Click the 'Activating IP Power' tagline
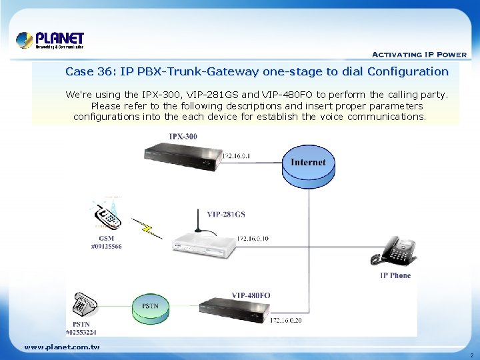pos(419,55)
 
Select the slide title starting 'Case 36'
pos(257,71)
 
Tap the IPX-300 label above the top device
pos(183,137)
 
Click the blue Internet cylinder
pos(308,167)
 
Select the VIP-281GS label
pos(225,214)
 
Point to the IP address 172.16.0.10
pos(253,238)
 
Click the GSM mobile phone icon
pos(108,213)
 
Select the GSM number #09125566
pos(106,246)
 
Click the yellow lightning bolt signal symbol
pos(147,227)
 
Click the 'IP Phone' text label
pos(395,275)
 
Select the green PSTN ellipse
pos(150,306)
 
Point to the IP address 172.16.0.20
pos(287,321)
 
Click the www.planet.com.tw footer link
pos(61,347)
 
